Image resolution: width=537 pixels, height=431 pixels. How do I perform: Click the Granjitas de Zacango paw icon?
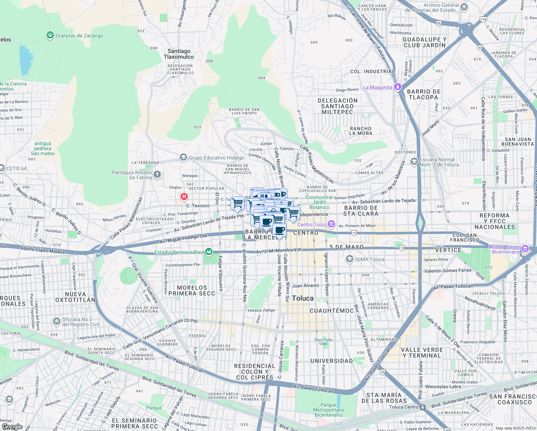[50, 35]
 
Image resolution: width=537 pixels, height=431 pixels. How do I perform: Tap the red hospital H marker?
[184, 196]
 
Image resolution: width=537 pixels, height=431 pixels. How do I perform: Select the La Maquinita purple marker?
[397, 87]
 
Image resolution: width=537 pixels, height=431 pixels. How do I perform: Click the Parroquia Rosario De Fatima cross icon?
[157, 175]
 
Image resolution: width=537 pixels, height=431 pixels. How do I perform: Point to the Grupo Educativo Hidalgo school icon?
[183, 158]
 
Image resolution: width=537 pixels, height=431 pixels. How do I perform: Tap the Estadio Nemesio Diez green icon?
[209, 252]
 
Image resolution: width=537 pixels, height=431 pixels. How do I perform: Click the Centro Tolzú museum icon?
[331, 224]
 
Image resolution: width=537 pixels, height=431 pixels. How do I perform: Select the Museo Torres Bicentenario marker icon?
[525, 249]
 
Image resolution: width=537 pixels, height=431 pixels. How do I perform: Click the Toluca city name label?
[303, 298]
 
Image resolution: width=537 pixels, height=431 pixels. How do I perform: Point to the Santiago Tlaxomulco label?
[179, 54]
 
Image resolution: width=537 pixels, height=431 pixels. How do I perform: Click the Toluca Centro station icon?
[423, 407]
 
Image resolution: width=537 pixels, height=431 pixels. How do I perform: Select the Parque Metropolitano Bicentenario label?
[328, 410]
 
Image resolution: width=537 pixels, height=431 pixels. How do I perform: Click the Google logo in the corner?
[12, 427]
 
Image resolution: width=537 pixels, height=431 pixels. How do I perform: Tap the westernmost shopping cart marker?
[237, 203]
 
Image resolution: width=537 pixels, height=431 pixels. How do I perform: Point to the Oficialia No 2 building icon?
[56, 321]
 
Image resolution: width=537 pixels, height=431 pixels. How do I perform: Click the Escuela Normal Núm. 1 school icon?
[414, 161]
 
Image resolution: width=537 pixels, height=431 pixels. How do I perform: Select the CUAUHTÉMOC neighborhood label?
[331, 310]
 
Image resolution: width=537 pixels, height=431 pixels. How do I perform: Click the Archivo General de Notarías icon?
[464, 7]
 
